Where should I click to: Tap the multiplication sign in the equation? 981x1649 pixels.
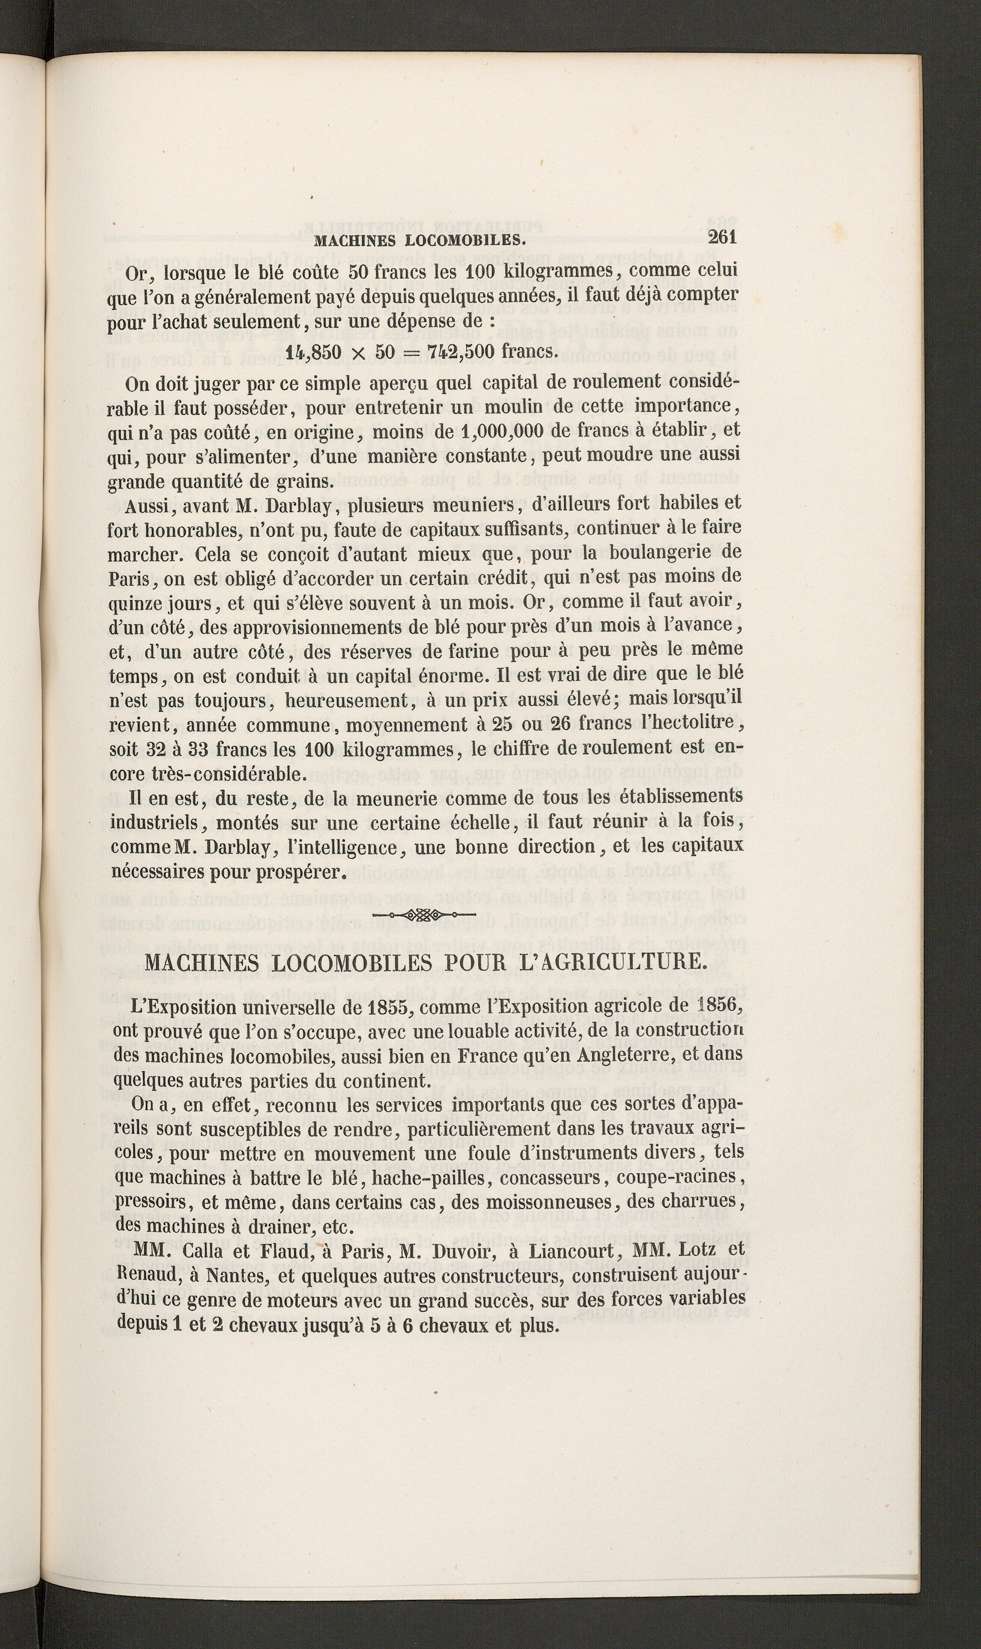click(x=358, y=354)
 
